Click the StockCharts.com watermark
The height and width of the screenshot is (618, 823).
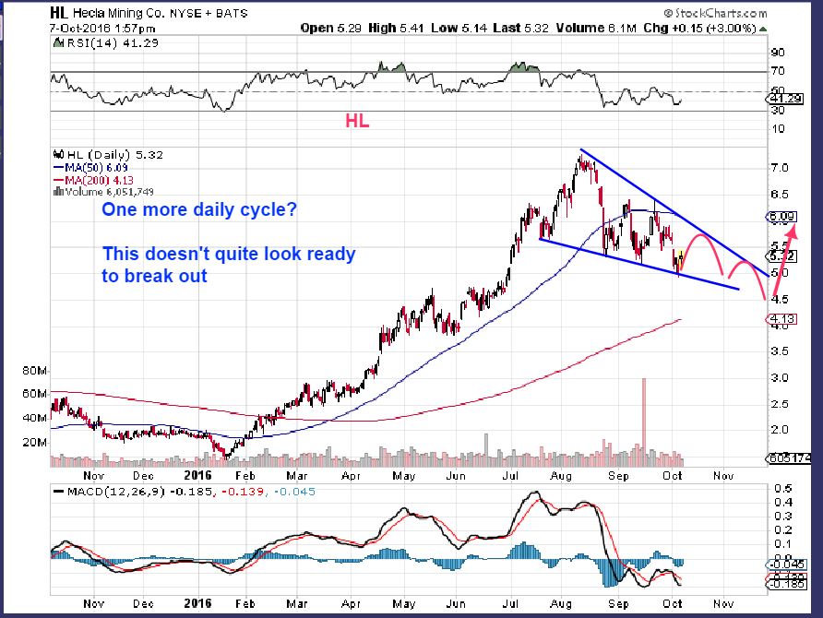[x=719, y=14]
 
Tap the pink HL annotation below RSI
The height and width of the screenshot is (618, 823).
[x=357, y=121]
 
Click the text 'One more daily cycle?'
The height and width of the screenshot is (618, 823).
[x=199, y=210]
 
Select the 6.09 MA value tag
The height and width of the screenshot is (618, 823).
[x=778, y=218]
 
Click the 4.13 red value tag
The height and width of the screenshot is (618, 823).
[x=776, y=319]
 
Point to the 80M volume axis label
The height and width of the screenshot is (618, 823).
[x=33, y=371]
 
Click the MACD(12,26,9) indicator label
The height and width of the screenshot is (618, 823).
[x=111, y=491]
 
